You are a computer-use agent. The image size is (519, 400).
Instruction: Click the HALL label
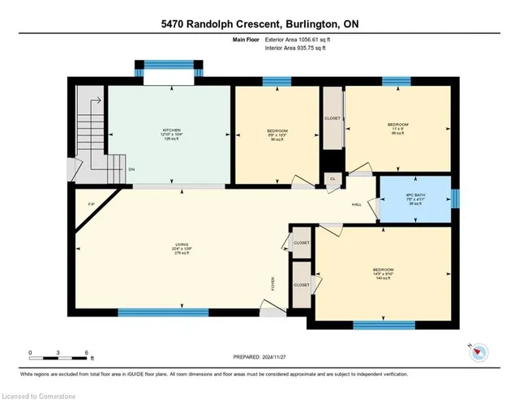point(356,204)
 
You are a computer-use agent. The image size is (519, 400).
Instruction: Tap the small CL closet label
point(332,179)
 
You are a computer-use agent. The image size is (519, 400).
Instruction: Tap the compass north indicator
point(478,351)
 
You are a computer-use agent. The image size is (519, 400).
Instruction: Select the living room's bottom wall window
point(163,312)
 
